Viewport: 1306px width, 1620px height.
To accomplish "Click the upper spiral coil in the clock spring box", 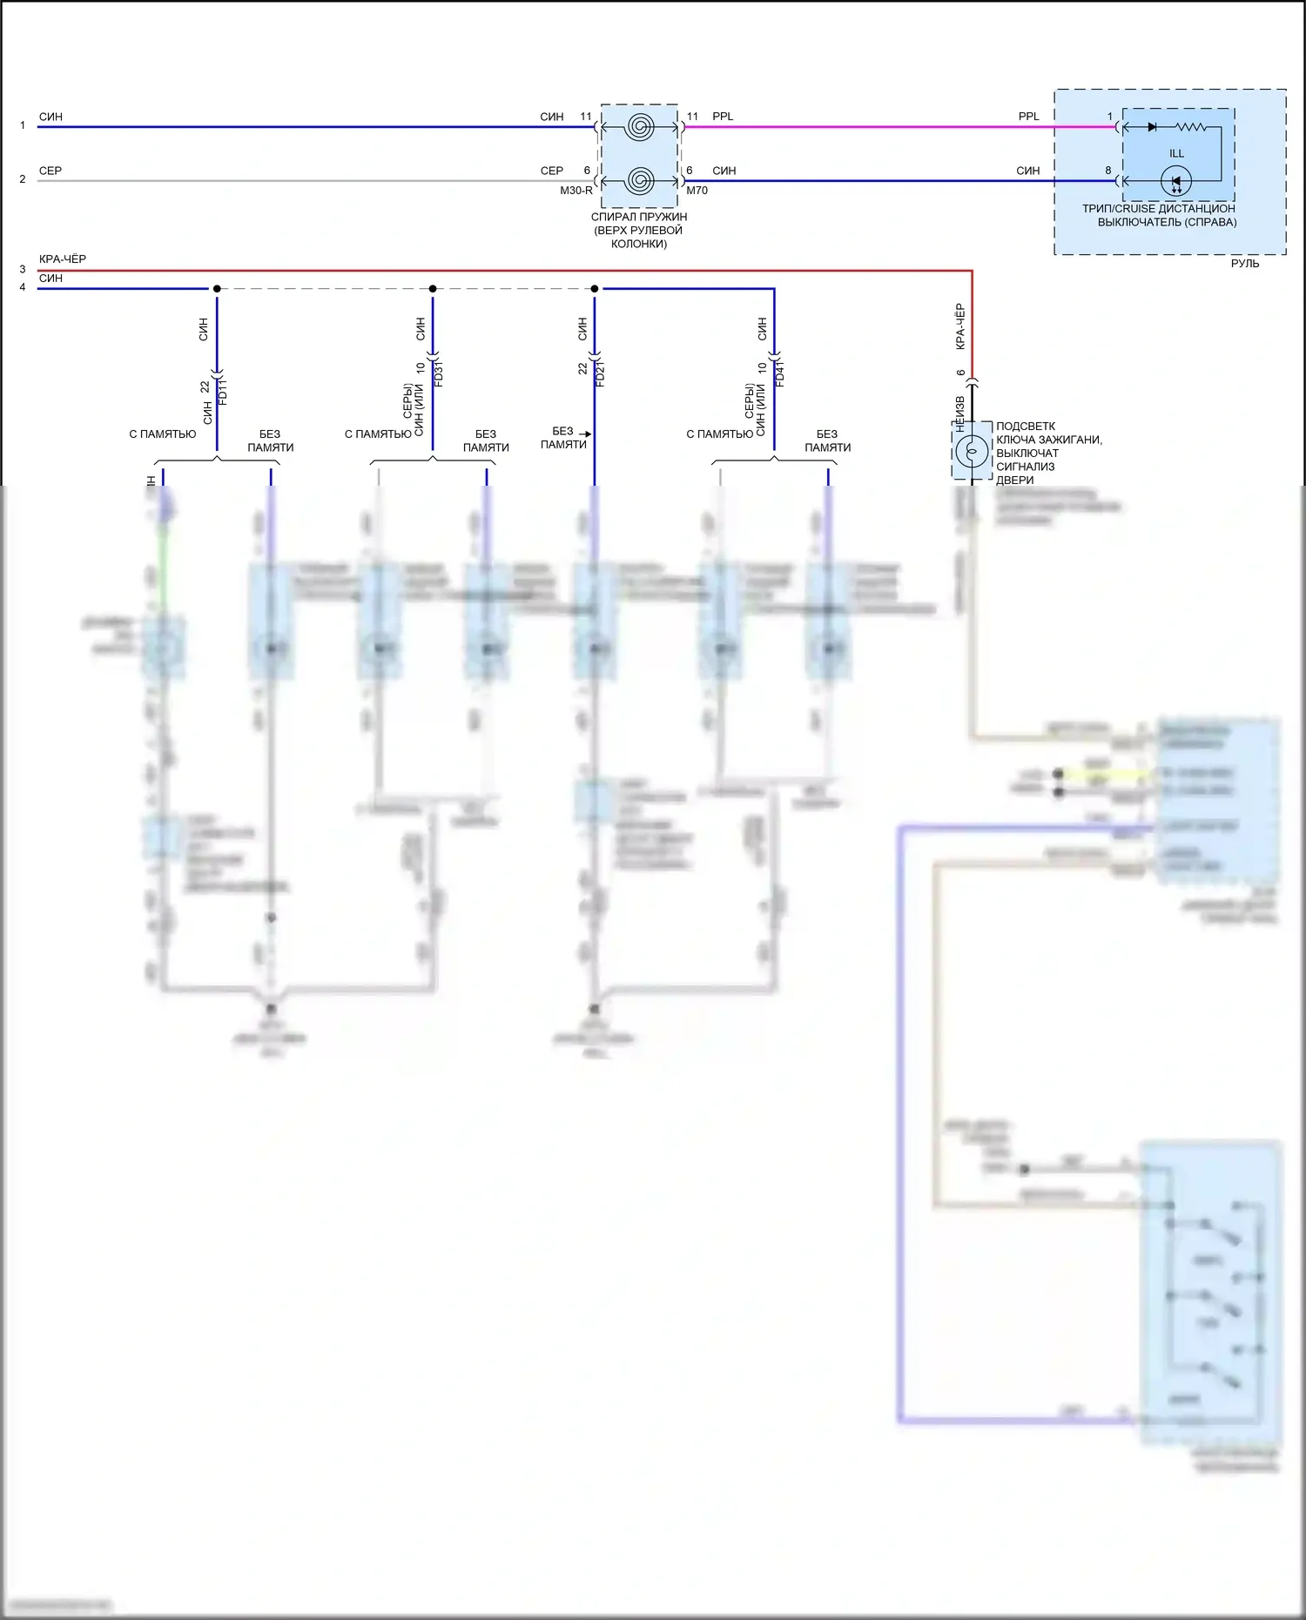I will point(639,127).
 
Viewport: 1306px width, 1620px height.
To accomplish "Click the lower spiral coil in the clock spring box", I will point(639,181).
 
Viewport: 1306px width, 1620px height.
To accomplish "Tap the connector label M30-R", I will point(576,191).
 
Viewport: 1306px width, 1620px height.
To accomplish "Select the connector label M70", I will point(697,191).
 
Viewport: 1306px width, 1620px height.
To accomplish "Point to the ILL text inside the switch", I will point(1176,154).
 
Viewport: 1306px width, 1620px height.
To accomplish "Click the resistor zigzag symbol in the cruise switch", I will point(1190,127).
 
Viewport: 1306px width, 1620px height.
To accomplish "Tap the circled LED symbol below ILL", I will point(1176,182).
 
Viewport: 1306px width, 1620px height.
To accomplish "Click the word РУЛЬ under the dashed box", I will point(1244,264).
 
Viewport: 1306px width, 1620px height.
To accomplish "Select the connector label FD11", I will point(223,391).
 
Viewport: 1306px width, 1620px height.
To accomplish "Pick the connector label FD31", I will point(439,373).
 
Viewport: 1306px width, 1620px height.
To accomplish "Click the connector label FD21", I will point(601,373).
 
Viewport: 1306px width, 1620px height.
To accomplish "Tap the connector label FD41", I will point(780,373).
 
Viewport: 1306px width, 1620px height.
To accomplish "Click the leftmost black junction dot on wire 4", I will point(217,289).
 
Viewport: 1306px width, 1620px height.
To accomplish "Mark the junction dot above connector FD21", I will point(595,289).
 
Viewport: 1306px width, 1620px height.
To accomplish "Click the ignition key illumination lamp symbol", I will point(972,451).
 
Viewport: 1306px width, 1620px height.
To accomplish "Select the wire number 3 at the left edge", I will point(23,270).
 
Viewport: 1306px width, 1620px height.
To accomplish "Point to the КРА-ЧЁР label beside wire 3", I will point(63,259).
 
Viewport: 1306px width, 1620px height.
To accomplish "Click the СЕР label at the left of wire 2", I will point(50,171).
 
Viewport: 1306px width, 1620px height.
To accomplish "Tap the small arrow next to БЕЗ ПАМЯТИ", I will point(586,434).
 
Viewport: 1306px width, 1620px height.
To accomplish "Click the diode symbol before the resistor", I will point(1152,127).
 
